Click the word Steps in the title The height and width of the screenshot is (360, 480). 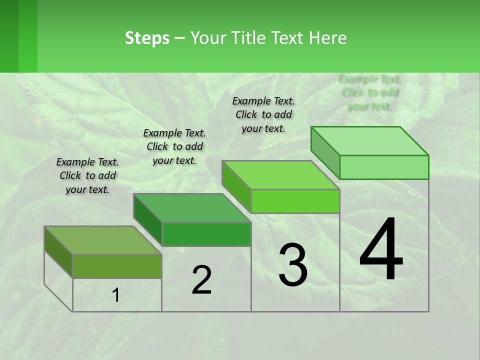point(146,38)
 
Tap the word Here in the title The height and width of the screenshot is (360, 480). point(327,38)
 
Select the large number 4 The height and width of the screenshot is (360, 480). point(381,250)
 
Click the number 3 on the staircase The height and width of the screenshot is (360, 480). point(293,265)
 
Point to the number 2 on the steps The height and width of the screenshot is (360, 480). point(201,280)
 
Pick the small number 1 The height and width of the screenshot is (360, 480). point(115,295)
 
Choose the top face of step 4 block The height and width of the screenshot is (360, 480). point(370,141)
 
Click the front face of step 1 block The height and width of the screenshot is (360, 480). point(117,266)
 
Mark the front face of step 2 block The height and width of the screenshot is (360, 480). point(206,234)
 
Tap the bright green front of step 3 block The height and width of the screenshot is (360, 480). point(295,201)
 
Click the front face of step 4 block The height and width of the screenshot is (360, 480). point(384,167)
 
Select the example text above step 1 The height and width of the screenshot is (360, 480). point(87,175)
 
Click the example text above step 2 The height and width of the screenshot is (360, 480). point(174,146)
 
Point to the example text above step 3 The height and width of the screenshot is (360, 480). point(263,114)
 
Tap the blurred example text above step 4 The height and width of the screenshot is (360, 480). point(370,92)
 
